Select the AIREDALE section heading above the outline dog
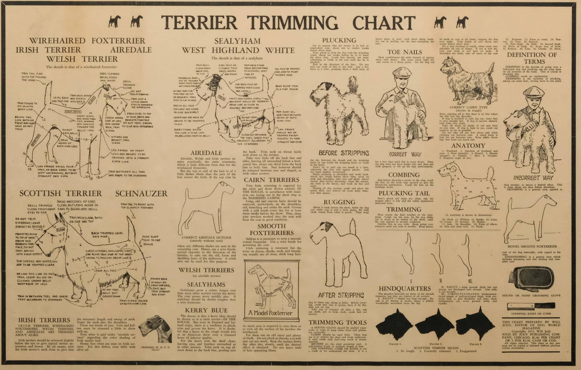[206, 153]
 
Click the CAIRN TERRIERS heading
[271, 180]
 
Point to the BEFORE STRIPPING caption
[344, 153]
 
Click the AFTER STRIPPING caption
[341, 295]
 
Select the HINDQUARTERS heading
[404, 289]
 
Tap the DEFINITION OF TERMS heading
[531, 58]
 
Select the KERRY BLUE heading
[206, 310]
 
